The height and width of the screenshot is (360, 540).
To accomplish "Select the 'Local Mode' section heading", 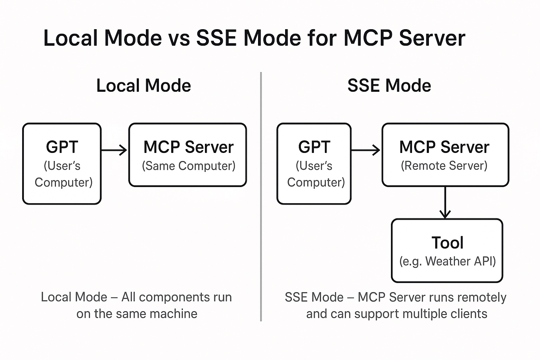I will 143,86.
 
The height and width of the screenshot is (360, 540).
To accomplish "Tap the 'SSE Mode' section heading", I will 389,86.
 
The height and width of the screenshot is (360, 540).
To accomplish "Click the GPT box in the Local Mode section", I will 62,163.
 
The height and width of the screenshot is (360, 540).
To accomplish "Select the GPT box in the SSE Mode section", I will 314,163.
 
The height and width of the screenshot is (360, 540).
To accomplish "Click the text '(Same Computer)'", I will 188,166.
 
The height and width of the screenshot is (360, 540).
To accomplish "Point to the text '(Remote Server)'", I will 444,166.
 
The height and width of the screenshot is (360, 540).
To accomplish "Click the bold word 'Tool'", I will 447,243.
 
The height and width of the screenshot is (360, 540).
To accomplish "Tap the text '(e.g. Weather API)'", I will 447,262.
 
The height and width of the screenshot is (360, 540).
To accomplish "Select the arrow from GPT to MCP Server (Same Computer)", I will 114,150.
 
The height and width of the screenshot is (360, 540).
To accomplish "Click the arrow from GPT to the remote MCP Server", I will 366,150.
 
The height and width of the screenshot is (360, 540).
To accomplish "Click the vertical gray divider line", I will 261,197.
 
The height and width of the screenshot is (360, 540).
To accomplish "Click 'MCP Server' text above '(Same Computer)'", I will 188,147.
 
